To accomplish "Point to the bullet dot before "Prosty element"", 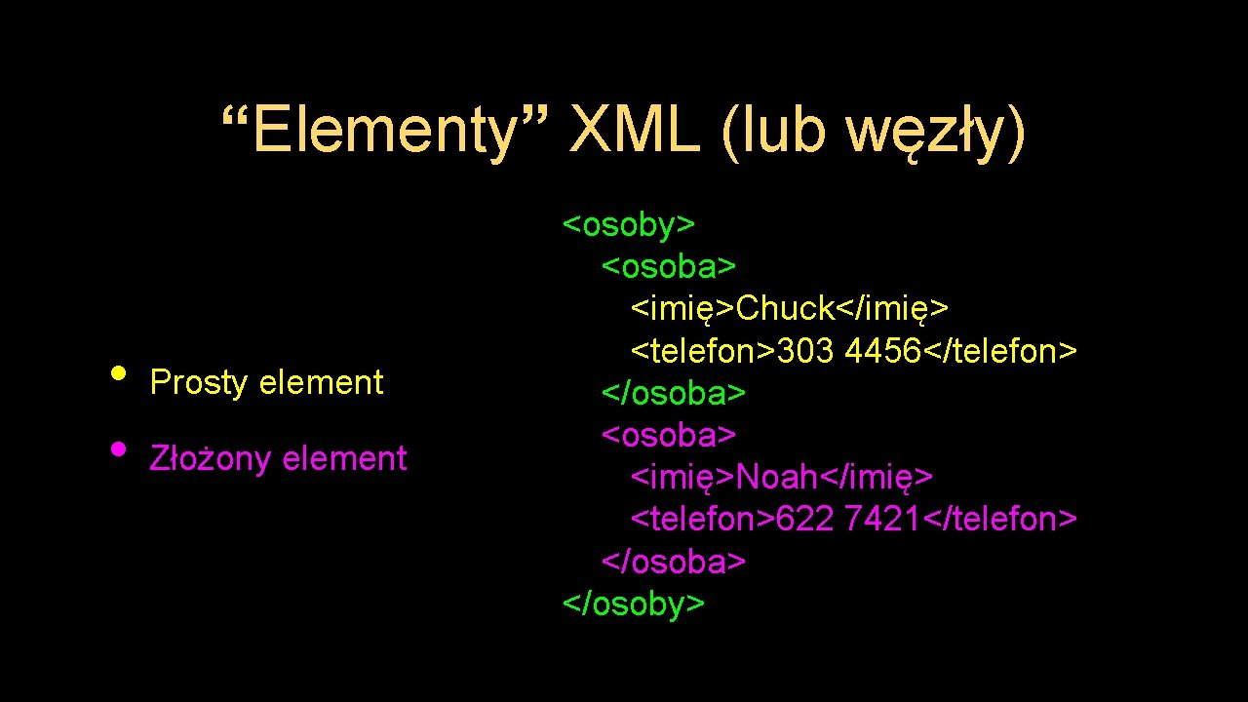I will (118, 373).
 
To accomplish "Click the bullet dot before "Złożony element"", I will (118, 449).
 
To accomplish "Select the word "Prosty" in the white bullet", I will (199, 383).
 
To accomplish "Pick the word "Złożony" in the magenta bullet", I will (210, 458).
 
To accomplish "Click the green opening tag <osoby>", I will (629, 224).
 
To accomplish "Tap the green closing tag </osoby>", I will (634, 604).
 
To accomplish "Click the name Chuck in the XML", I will (786, 308).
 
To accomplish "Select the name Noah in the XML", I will (777, 477).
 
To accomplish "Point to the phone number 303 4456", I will (848, 351).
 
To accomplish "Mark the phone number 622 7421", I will (848, 520).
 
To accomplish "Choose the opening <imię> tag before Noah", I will (683, 477).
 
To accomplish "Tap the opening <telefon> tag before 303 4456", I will (703, 351).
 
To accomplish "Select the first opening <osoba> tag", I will (669, 266).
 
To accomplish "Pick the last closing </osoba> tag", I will (674, 562).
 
